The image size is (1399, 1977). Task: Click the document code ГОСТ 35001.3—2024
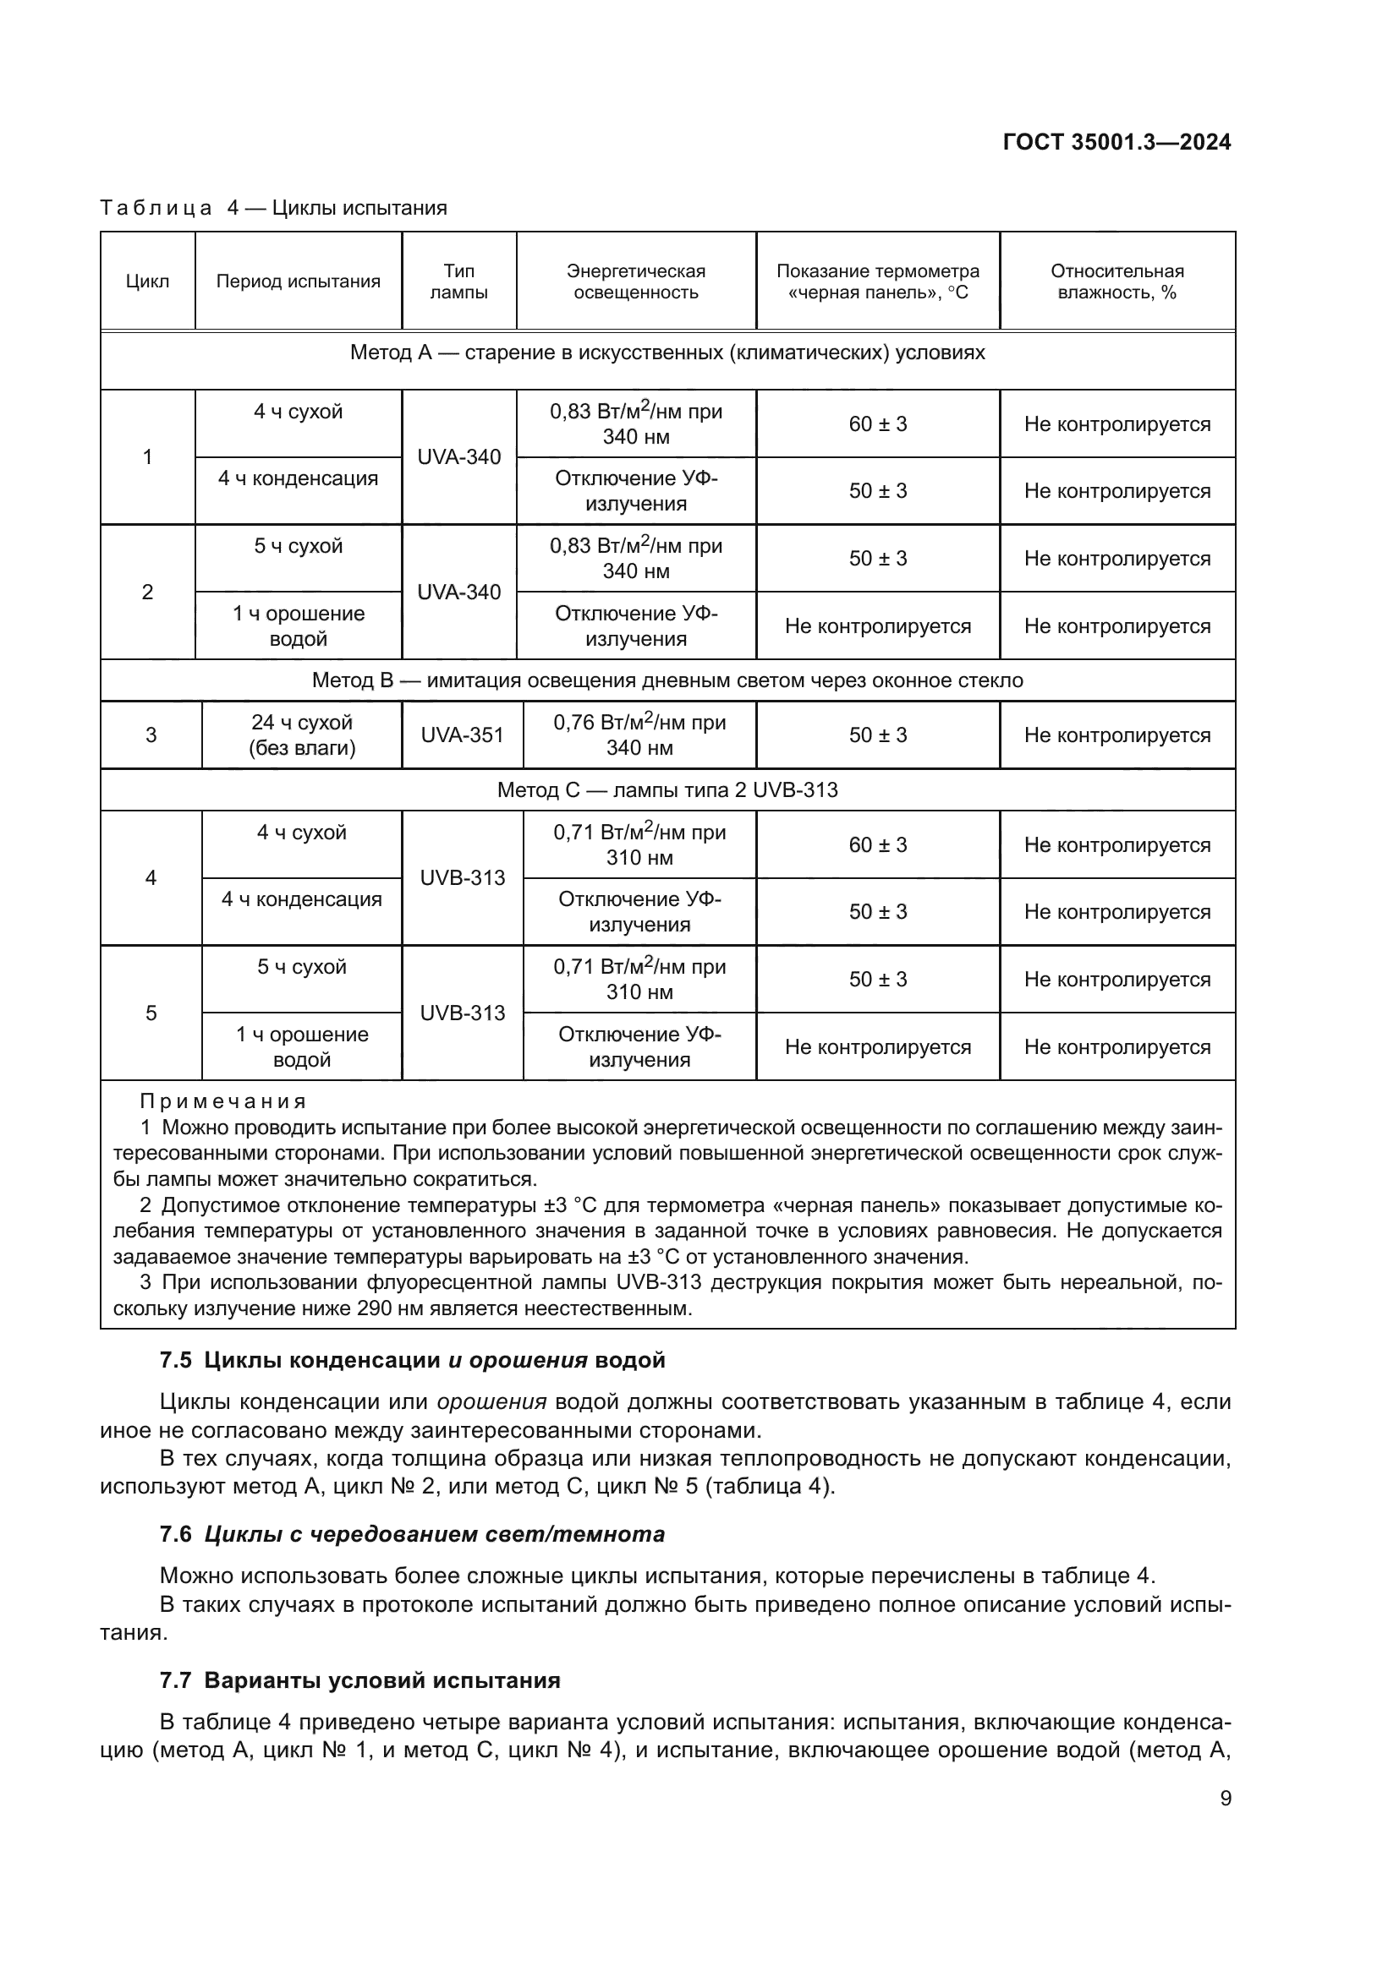pyautogui.click(x=1116, y=142)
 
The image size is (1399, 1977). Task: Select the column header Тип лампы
pyautogui.click(x=458, y=281)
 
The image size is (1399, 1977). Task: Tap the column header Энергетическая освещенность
pyautogui.click(x=636, y=281)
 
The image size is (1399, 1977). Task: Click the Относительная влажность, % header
pyautogui.click(x=1116, y=281)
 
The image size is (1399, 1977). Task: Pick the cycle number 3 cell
pyautogui.click(x=151, y=735)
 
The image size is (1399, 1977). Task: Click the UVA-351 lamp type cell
pyautogui.click(x=462, y=735)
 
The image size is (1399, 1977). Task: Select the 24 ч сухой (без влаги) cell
pyautogui.click(x=301, y=735)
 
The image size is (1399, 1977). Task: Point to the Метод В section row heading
pyautogui.click(x=667, y=680)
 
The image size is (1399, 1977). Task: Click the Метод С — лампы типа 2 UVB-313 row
pyautogui.click(x=667, y=789)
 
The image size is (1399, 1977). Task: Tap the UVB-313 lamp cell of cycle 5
pyautogui.click(x=462, y=1013)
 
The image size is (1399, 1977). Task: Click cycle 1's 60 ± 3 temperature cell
pyautogui.click(x=877, y=423)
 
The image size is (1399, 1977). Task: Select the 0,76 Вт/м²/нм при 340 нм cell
pyautogui.click(x=639, y=735)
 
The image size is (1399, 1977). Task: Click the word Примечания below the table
pyautogui.click(x=222, y=1101)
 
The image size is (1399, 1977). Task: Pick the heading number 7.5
pyautogui.click(x=175, y=1361)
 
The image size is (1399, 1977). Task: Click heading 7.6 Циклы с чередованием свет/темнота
pyautogui.click(x=412, y=1533)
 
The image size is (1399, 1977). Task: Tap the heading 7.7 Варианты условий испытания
pyautogui.click(x=360, y=1680)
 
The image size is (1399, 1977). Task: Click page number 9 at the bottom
pyautogui.click(x=1225, y=1799)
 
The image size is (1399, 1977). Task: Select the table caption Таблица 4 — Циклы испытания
pyautogui.click(x=273, y=208)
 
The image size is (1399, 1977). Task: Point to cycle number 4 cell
pyautogui.click(x=151, y=877)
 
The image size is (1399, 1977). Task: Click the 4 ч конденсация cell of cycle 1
pyautogui.click(x=298, y=478)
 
